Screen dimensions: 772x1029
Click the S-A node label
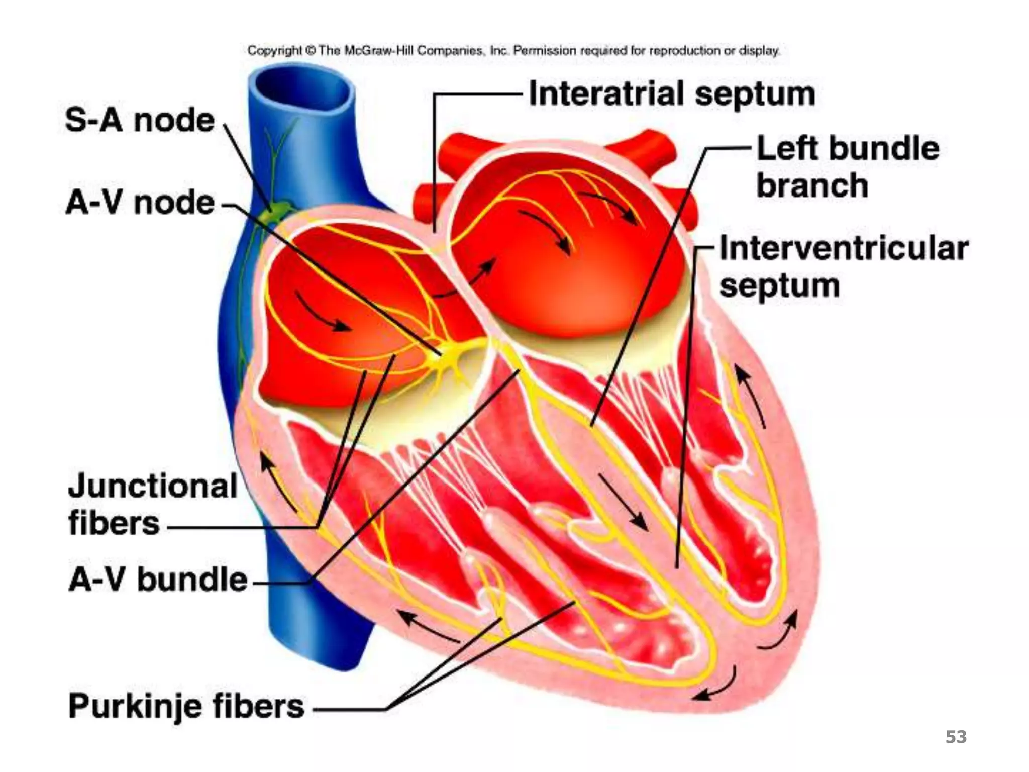(x=140, y=121)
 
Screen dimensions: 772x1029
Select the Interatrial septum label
(x=672, y=94)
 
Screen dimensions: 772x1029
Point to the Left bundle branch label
(x=847, y=167)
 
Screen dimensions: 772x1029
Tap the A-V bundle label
(x=158, y=580)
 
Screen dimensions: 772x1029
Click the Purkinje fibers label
(x=186, y=706)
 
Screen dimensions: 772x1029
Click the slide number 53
(x=956, y=737)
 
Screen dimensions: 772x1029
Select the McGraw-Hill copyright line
(x=513, y=51)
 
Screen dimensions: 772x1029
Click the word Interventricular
(x=844, y=248)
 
